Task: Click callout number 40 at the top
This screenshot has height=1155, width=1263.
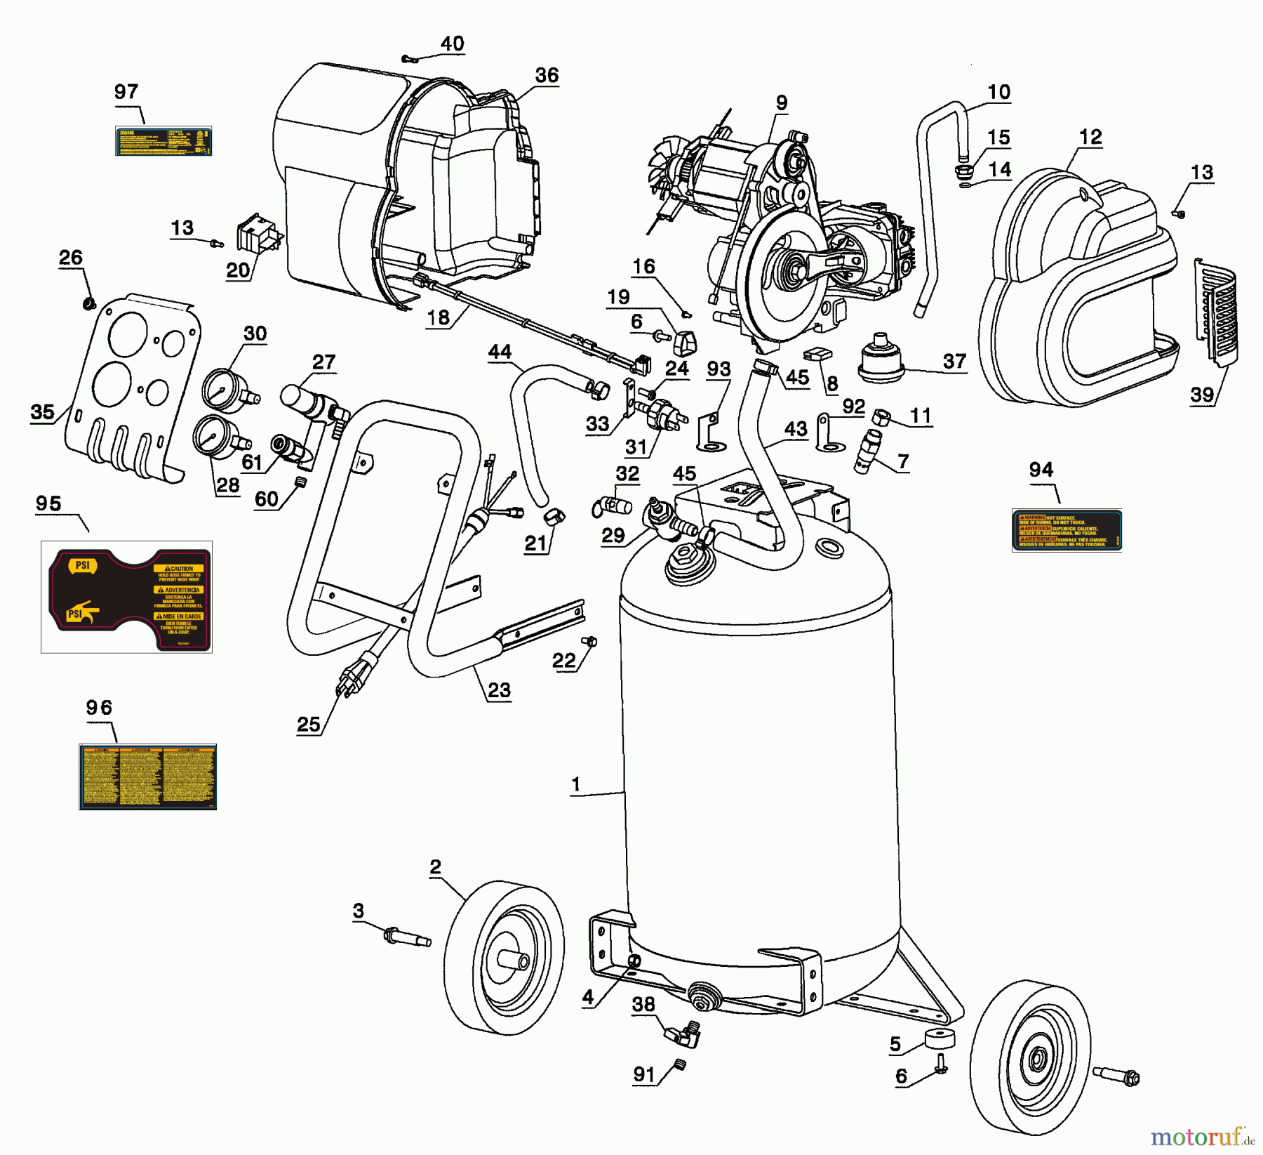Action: click(452, 44)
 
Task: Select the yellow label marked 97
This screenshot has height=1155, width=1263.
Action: click(163, 141)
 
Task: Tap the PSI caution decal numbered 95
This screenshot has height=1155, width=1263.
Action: click(127, 598)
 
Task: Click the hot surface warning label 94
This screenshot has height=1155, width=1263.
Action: click(1067, 530)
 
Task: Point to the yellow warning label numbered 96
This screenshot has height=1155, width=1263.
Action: click(147, 777)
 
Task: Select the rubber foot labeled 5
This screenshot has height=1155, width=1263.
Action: click(940, 1038)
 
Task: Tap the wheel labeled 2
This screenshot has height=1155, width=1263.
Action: click(504, 956)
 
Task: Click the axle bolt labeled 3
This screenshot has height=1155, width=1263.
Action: click(406, 937)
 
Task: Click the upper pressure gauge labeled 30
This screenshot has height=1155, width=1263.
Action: click(226, 388)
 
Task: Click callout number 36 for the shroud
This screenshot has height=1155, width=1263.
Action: click(547, 75)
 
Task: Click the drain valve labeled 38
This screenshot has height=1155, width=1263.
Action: click(683, 1034)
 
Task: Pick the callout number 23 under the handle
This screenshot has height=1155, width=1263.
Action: click(499, 690)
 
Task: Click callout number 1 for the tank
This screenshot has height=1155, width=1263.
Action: click(575, 784)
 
